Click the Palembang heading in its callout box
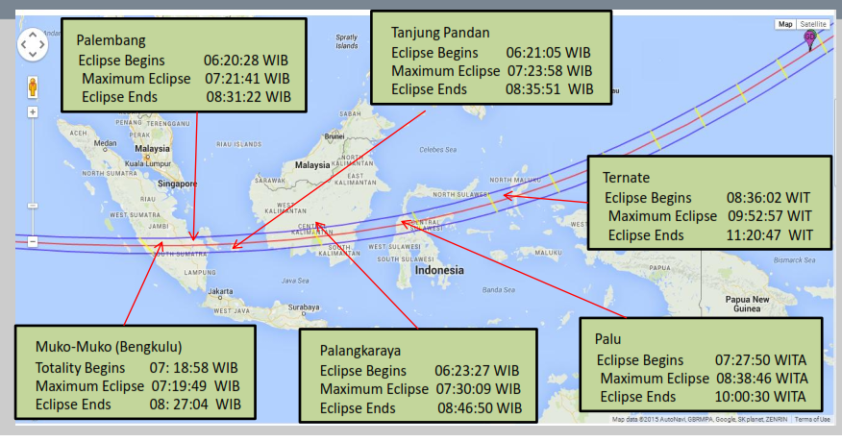pos(111,40)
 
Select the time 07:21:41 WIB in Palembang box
pos(246,78)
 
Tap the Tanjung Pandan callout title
pos(440,32)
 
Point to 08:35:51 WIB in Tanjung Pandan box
pos(549,88)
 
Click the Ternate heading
pos(626,178)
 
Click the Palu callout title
pos(610,340)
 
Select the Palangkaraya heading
pos(360,350)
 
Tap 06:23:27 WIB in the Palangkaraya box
pos(477,370)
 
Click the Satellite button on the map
pos(812,24)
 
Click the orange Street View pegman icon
pos(32,87)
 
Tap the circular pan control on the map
pos(32,43)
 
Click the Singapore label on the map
pos(178,183)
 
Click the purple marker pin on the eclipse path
pos(809,38)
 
